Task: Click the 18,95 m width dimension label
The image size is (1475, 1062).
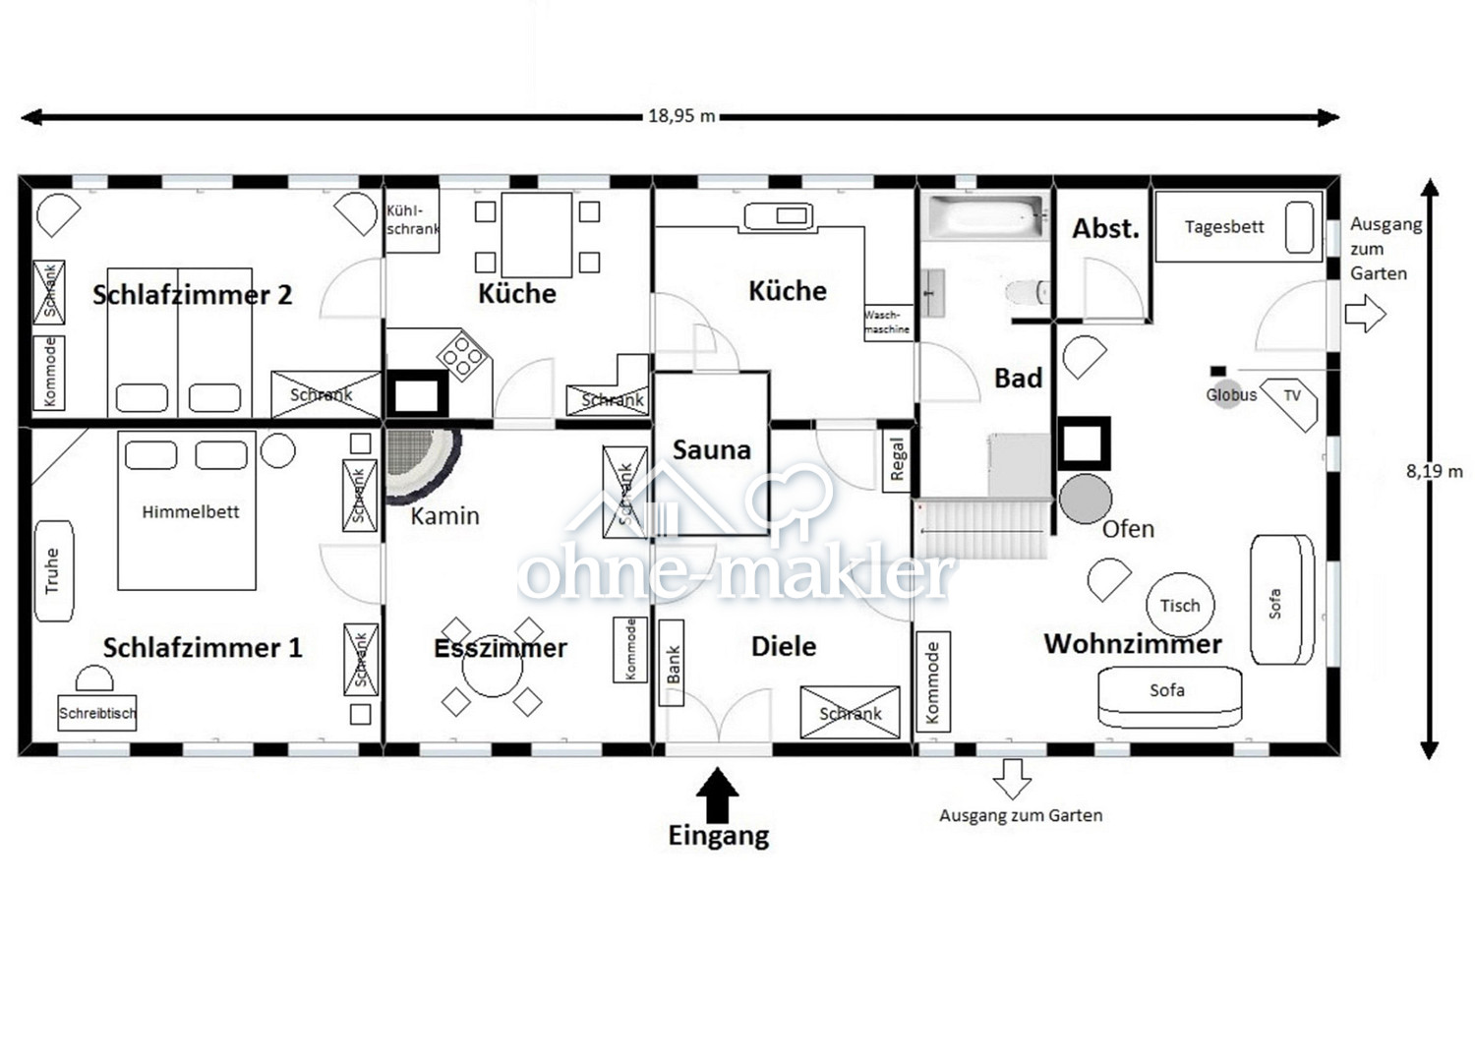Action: [681, 116]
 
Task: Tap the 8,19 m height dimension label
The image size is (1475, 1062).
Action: [1434, 471]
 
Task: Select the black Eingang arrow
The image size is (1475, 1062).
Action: [717, 795]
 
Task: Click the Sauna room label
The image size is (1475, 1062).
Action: [711, 449]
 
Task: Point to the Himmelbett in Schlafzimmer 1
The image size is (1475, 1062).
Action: [187, 510]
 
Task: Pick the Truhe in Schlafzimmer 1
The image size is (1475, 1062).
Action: [54, 571]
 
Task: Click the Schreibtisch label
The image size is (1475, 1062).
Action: [97, 713]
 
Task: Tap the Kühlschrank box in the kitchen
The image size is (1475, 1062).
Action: [412, 220]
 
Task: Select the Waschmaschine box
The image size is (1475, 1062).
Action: [889, 323]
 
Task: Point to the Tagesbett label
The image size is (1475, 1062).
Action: [1224, 226]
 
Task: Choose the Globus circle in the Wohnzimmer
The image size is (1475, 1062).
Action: [1227, 394]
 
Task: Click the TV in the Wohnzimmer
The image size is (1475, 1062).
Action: [1289, 403]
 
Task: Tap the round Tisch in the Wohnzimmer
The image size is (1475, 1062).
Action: [1180, 605]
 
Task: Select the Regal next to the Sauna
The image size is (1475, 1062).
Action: [897, 461]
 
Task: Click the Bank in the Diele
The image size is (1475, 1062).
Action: [672, 663]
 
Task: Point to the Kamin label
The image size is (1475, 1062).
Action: [445, 515]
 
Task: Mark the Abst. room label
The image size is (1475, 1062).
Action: [1105, 228]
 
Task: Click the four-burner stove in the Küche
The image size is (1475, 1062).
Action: [463, 354]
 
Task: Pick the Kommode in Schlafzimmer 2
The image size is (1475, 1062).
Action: [49, 373]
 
